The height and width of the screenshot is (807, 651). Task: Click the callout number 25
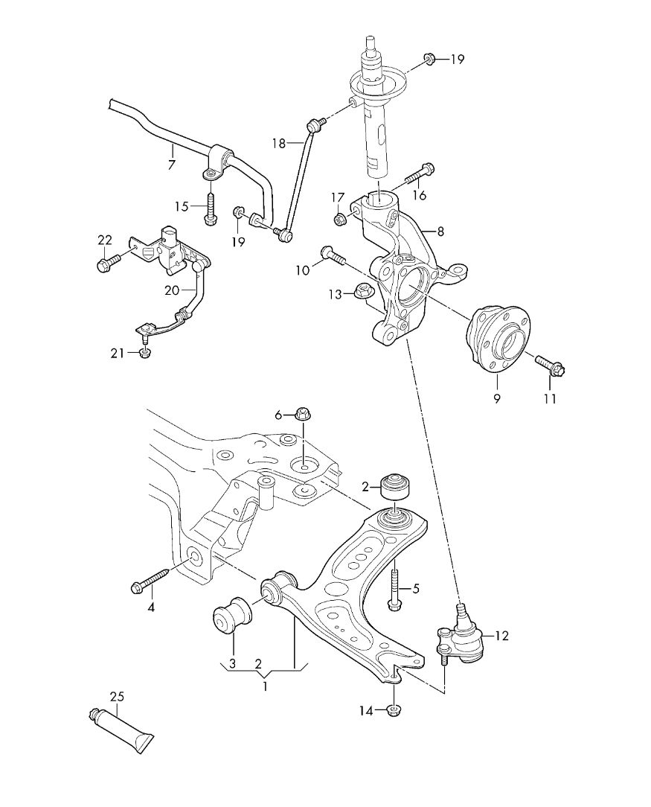117,697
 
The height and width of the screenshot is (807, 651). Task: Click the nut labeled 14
394,711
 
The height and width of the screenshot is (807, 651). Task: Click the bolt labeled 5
394,585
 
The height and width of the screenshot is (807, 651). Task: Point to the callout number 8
440,232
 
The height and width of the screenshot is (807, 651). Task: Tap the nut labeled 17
339,219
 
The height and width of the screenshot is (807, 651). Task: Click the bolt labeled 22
109,261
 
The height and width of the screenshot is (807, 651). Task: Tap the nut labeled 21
144,353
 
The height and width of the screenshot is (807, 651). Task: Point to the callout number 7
172,165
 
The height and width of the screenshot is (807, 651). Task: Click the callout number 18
279,143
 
